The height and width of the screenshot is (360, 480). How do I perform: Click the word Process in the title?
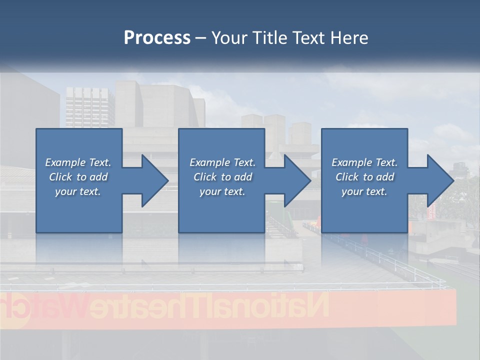[157, 38]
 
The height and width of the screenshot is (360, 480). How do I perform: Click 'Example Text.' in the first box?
[78, 162]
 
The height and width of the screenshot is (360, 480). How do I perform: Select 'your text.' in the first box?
[78, 191]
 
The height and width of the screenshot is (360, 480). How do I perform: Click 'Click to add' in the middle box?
[222, 177]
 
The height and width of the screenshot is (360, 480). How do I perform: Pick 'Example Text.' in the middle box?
[222, 162]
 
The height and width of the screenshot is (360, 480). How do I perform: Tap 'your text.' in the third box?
[364, 191]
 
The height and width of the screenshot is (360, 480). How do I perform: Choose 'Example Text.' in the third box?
[364, 162]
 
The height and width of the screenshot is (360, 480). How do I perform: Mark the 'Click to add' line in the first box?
[78, 177]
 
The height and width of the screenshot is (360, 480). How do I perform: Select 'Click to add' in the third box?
[364, 177]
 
